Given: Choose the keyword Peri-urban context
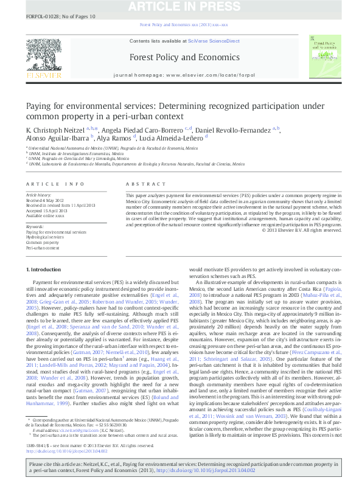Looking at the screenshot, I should click(x=42, y=248).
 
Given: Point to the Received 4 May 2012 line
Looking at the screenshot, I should click(x=46, y=199).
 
